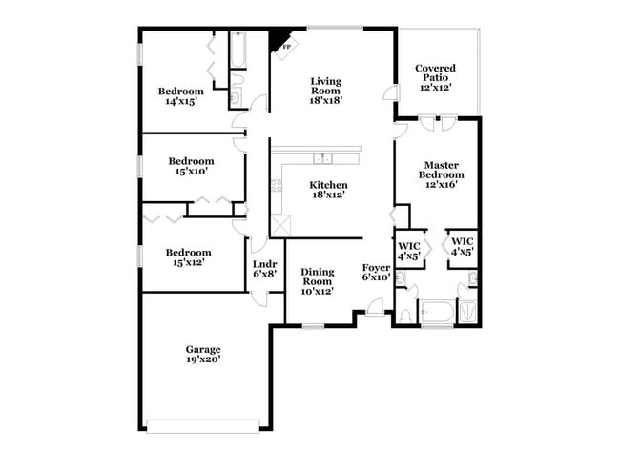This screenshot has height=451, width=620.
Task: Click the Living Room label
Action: click(325, 91)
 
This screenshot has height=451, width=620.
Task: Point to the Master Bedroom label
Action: click(443, 175)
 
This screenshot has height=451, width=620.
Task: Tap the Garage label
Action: click(203, 355)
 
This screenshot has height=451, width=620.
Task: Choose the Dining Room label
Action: click(317, 281)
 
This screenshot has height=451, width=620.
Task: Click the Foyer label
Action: click(376, 273)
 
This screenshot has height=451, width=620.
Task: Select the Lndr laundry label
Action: click(264, 269)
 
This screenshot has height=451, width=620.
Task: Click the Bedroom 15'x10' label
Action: click(191, 167)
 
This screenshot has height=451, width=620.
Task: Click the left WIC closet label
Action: click(409, 249)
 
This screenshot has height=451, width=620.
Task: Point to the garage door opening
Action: click(202, 425)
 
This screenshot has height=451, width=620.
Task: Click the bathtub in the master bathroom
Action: click(437, 312)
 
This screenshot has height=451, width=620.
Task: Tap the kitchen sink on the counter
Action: click(324, 158)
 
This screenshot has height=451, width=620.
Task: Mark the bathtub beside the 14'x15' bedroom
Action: click(238, 51)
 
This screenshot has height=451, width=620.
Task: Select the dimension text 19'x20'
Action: click(203, 360)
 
